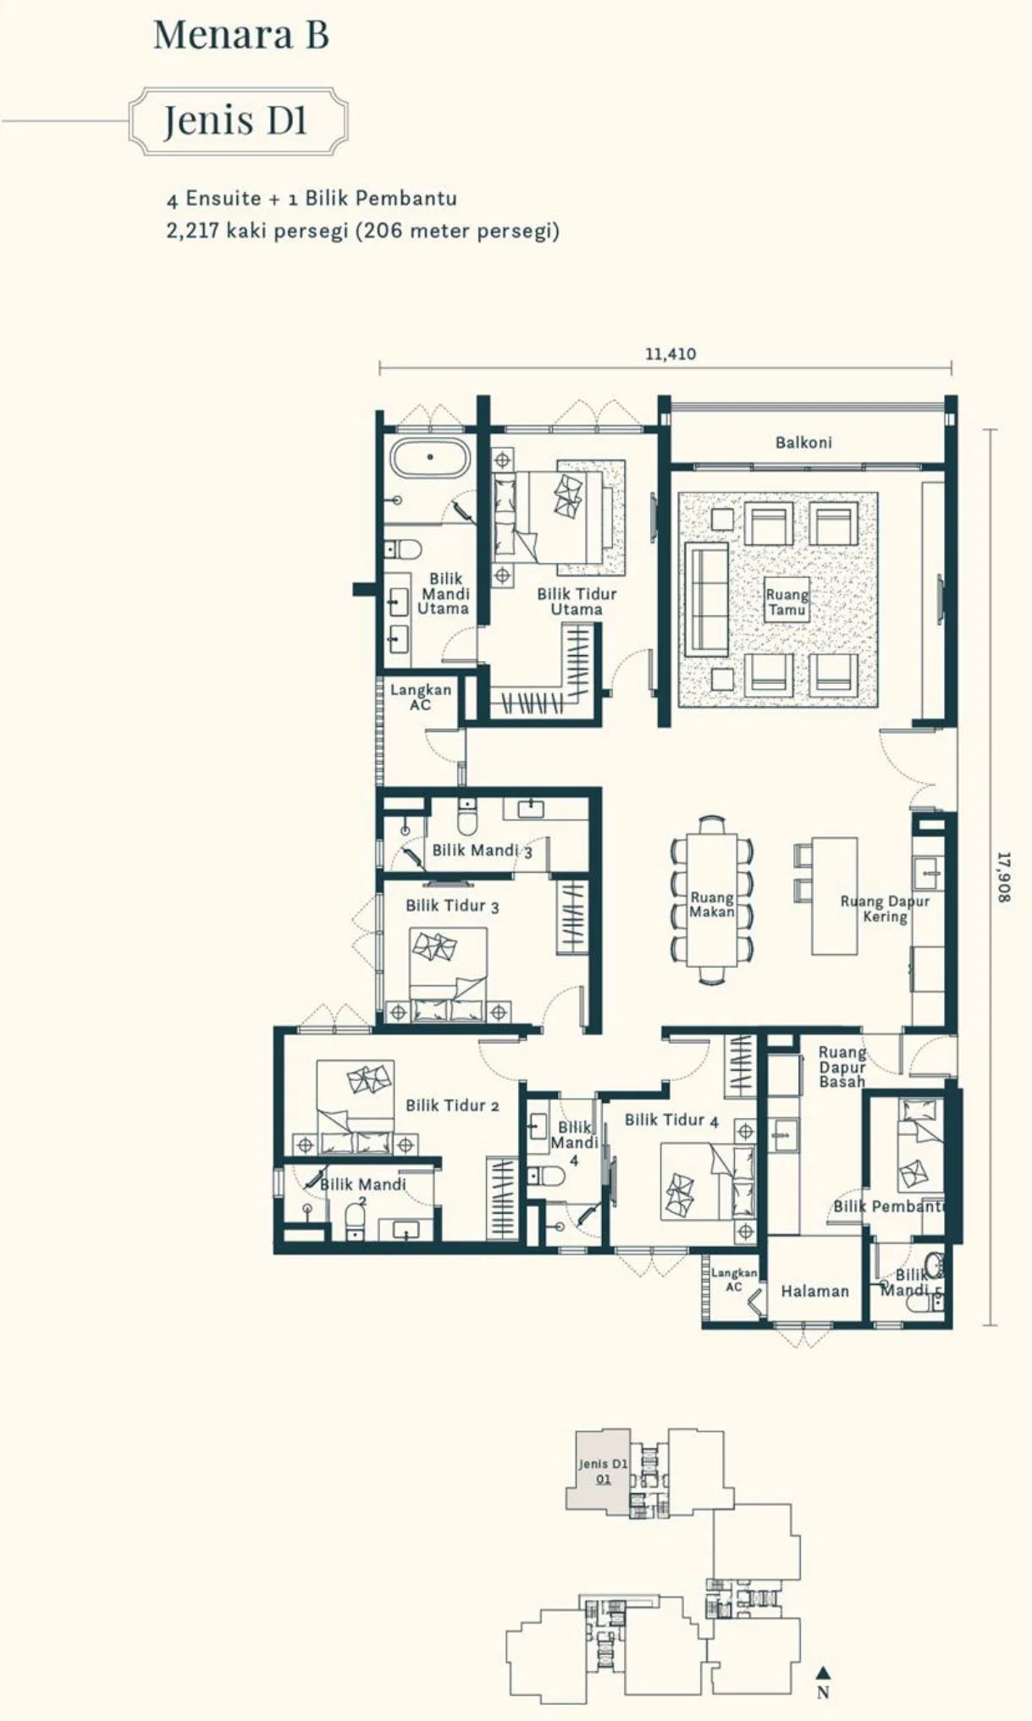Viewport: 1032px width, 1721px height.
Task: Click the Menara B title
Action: click(x=240, y=35)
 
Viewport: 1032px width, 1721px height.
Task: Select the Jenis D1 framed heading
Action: click(x=238, y=120)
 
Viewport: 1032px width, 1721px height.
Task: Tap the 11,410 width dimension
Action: click(x=671, y=353)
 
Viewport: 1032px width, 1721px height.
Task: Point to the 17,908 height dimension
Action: click(x=1003, y=876)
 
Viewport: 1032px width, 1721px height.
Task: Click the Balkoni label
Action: click(x=803, y=442)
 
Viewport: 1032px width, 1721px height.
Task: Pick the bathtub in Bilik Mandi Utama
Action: click(x=430, y=458)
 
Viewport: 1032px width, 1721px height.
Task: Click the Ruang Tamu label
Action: click(x=786, y=602)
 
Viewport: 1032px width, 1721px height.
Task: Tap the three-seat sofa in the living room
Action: click(x=707, y=599)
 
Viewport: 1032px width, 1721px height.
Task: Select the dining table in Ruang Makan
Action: click(x=712, y=899)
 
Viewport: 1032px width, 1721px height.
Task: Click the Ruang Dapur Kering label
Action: click(x=885, y=908)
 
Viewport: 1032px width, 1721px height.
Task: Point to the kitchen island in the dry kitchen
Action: click(x=835, y=896)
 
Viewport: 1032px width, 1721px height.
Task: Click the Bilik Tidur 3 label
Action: click(x=452, y=906)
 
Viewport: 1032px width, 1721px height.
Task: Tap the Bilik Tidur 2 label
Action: click(x=452, y=1106)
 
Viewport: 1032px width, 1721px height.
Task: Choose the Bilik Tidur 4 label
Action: click(x=671, y=1120)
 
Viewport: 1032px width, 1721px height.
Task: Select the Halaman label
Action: click(x=814, y=1291)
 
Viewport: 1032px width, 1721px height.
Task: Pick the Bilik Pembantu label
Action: click(x=889, y=1206)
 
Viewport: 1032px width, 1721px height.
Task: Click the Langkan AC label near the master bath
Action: click(x=420, y=697)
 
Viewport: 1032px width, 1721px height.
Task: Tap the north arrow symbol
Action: click(x=822, y=1673)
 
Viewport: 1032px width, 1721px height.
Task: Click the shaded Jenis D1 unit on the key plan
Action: click(x=599, y=1471)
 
